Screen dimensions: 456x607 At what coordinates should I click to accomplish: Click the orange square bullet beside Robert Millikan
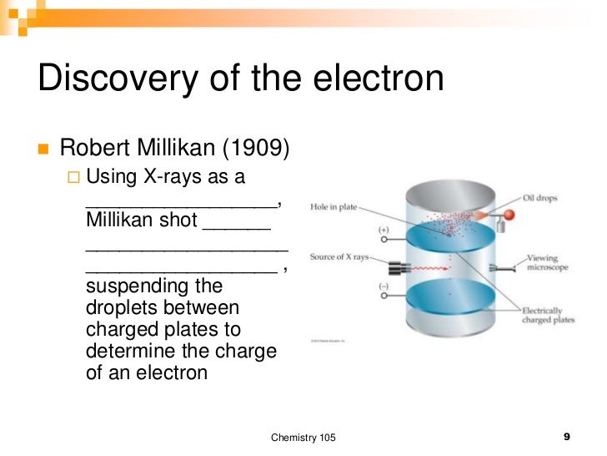click(43, 149)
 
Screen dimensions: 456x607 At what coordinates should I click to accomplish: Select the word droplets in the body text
click(126, 308)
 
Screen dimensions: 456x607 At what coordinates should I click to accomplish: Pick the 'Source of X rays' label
click(339, 257)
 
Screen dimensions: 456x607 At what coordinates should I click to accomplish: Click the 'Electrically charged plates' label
click(548, 315)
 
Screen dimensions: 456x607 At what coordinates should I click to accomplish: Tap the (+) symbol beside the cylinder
click(384, 229)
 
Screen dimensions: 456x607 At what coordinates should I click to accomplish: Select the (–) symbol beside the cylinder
click(384, 286)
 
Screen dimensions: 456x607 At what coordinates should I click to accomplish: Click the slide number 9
click(567, 437)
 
